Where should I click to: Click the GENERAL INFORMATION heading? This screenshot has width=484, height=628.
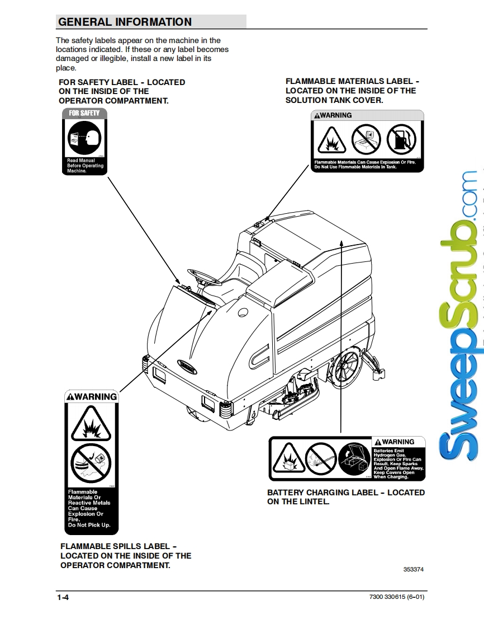[x=125, y=22]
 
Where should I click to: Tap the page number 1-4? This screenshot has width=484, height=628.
[x=63, y=598]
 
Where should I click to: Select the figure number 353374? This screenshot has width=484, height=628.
[x=413, y=569]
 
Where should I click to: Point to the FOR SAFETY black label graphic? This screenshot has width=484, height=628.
[x=84, y=142]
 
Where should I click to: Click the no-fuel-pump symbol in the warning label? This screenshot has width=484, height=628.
[x=400, y=140]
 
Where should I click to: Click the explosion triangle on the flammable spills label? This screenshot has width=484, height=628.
[x=91, y=424]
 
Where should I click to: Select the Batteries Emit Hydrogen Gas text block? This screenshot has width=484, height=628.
[x=398, y=463]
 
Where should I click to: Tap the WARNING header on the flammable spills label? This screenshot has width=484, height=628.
[x=92, y=397]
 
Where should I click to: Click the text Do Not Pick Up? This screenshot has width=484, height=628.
[x=89, y=525]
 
